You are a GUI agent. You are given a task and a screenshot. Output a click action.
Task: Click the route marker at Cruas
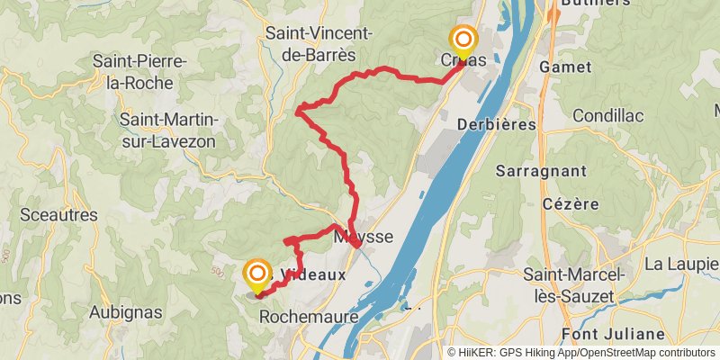click(x=463, y=40)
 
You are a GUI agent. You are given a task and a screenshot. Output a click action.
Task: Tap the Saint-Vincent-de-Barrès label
click(x=318, y=43)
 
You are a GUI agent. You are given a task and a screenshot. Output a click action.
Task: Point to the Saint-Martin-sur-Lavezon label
click(x=172, y=130)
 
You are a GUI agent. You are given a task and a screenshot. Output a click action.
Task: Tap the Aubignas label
click(x=126, y=312)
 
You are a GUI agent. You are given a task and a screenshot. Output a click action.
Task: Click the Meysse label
click(x=364, y=238)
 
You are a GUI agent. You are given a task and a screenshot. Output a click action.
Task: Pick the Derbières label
click(x=498, y=123)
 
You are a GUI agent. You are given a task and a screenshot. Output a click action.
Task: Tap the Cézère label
click(x=571, y=203)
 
